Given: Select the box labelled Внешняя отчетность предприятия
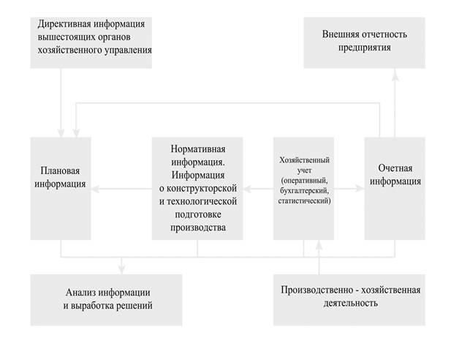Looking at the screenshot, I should point(364,42).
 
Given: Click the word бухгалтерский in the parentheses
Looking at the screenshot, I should point(304,190).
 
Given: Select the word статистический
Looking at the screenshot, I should point(304,200).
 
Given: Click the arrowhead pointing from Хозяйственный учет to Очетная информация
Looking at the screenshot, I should point(360,188).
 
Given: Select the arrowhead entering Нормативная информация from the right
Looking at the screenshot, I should point(245,188).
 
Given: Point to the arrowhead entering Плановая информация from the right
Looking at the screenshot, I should point(96,188).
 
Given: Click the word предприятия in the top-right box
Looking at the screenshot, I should point(365,48).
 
